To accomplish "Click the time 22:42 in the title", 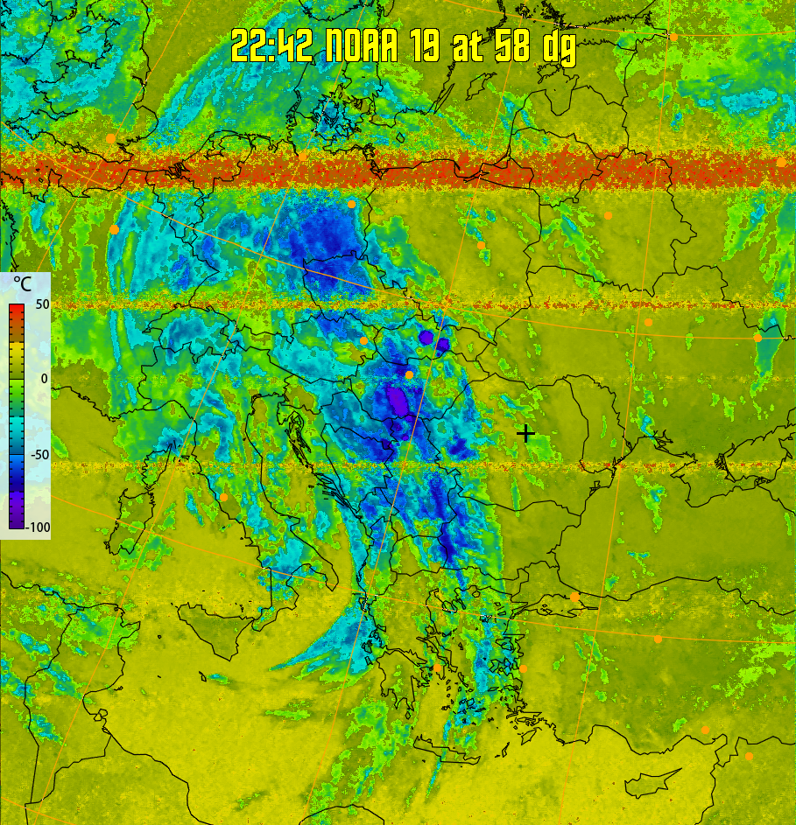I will coord(271,46).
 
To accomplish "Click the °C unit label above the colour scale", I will coord(24,284).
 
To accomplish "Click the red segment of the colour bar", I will coord(17,311).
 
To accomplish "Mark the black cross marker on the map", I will coord(525,432).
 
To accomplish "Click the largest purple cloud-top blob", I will coord(398,402).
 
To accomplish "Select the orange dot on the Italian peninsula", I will coord(224,497).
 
